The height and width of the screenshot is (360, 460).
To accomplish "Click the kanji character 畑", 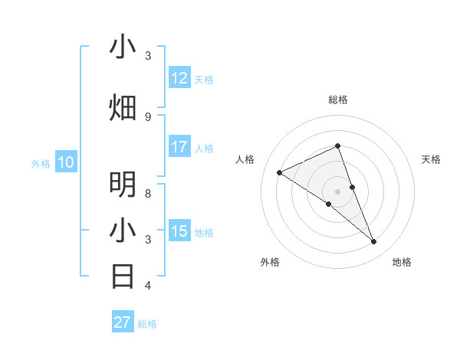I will pyautogui.click(x=123, y=107).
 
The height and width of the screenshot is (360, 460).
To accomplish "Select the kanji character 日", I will pyautogui.click(x=123, y=275).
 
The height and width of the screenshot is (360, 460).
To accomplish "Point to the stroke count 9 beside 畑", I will pyautogui.click(x=148, y=116).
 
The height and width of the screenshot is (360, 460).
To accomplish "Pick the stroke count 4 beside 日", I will pyautogui.click(x=148, y=286).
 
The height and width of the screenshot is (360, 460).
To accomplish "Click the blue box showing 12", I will pyautogui.click(x=179, y=78).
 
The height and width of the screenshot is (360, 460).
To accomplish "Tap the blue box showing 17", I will pyautogui.click(x=179, y=147).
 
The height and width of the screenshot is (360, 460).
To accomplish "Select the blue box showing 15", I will pyautogui.click(x=179, y=231).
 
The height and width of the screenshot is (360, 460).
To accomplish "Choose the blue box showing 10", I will pyautogui.click(x=66, y=162).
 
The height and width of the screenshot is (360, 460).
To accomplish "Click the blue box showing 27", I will pyautogui.click(x=123, y=322).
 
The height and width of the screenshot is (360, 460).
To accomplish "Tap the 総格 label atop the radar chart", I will pyautogui.click(x=338, y=100).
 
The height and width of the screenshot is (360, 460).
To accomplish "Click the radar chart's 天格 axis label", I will pyautogui.click(x=432, y=159).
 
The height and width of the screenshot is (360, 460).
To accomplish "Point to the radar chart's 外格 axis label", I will pyautogui.click(x=270, y=262).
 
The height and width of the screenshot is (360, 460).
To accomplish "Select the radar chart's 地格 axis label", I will pyautogui.click(x=402, y=262).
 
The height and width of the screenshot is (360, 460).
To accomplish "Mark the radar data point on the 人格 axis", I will pyautogui.click(x=280, y=172).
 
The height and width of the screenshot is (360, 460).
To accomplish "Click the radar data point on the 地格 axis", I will pyautogui.click(x=374, y=242).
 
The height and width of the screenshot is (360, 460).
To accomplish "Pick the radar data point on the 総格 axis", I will pyautogui.click(x=338, y=146).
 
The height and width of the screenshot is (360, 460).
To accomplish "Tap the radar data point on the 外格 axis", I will pyautogui.click(x=329, y=204).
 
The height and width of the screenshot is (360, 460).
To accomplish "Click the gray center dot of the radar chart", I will pyautogui.click(x=338, y=191).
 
